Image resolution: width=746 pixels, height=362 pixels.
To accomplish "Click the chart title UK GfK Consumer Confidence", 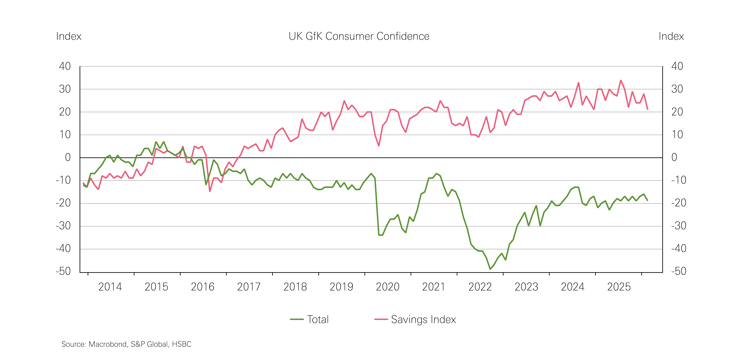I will point(359,36).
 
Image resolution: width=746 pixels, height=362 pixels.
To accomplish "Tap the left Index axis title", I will point(69,36).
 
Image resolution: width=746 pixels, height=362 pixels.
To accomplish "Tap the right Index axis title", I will point(671,36).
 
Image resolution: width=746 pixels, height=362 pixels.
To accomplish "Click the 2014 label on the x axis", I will point(110,287).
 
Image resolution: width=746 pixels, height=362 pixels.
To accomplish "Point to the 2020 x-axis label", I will point(387,287).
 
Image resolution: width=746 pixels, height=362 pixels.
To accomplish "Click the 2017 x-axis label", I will point(249,287).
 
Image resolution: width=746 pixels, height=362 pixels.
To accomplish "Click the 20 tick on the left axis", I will point(65,112).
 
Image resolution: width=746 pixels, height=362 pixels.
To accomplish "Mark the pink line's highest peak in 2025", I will point(621,80).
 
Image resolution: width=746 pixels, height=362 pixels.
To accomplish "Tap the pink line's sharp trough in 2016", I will point(210,191).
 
